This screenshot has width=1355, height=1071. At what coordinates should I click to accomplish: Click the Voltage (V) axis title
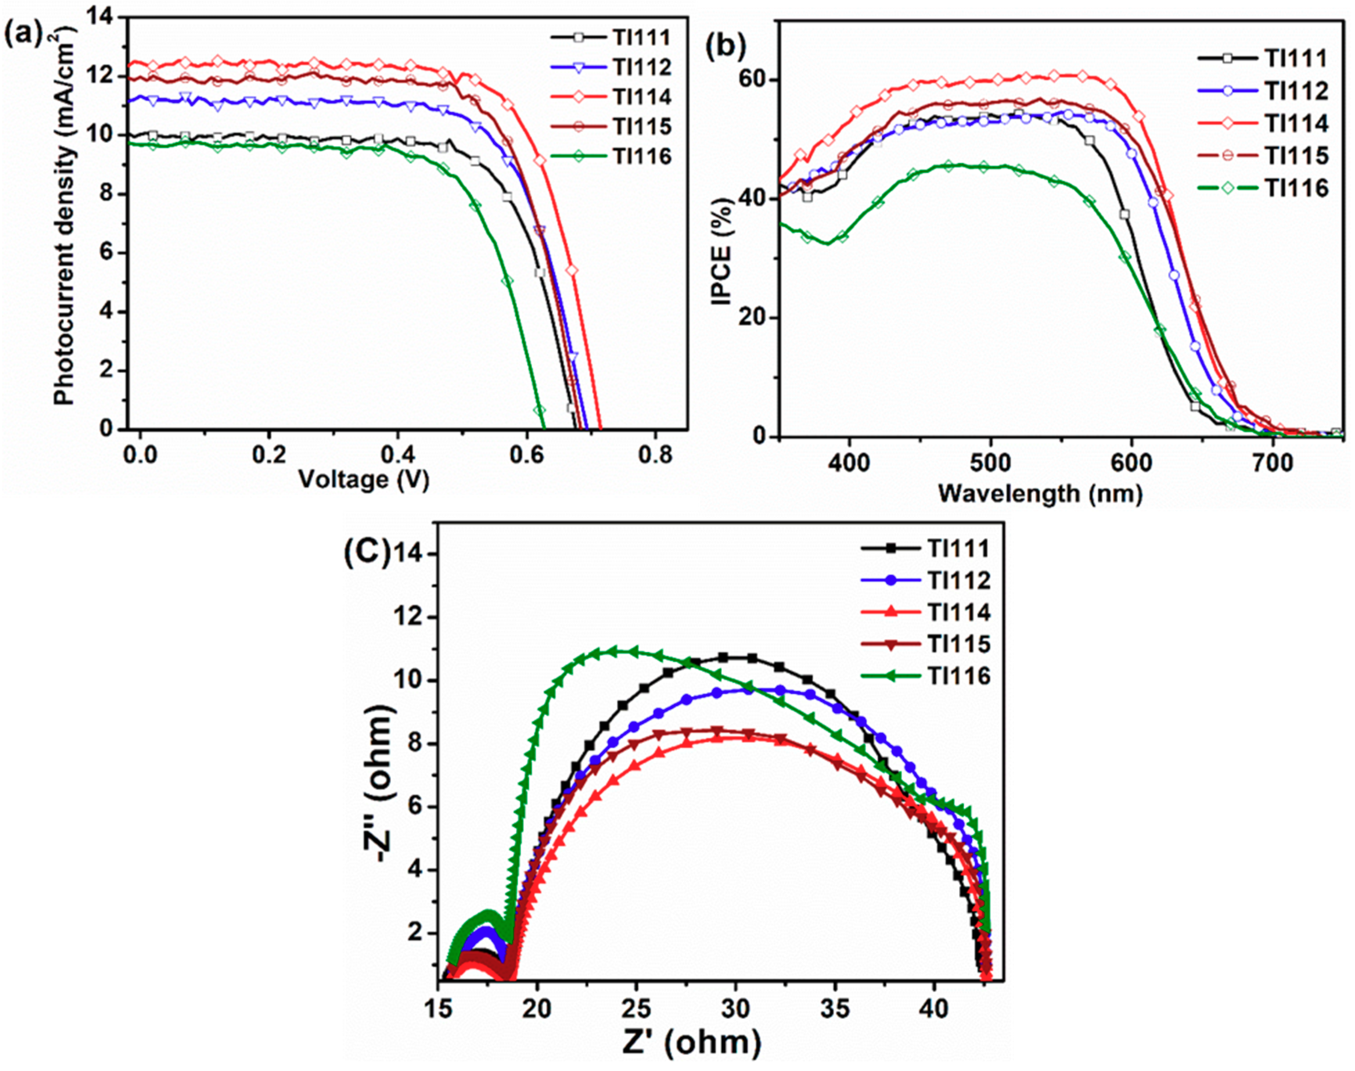[x=363, y=480]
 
